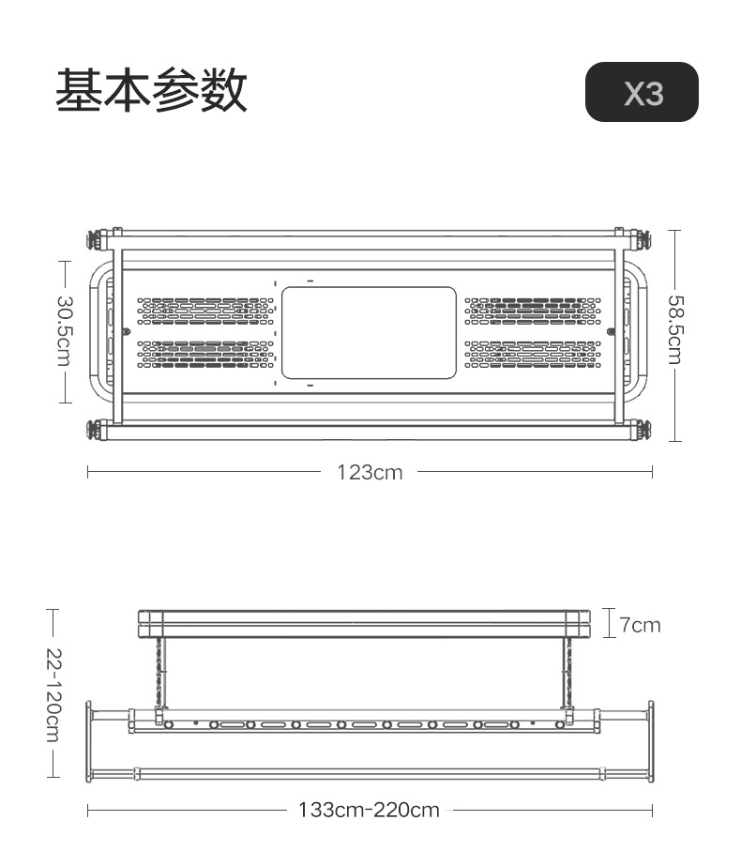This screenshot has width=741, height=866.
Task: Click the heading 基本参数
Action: pyautogui.click(x=151, y=91)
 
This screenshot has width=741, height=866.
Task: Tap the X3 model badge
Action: pyautogui.click(x=642, y=92)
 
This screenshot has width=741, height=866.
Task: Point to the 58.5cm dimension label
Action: pyautogui.click(x=675, y=329)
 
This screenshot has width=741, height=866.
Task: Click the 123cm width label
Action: pyautogui.click(x=370, y=472)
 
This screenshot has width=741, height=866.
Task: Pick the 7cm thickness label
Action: pyautogui.click(x=640, y=625)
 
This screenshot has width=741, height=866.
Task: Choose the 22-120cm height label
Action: pyautogui.click(x=53, y=693)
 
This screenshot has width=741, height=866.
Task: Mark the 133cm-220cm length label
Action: pyautogui.click(x=369, y=809)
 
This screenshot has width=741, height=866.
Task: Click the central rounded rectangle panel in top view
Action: pyautogui.click(x=369, y=333)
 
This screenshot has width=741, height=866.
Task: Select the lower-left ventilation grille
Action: pyautogui.click(x=205, y=354)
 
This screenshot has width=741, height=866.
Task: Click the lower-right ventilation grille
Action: pyautogui.click(x=533, y=354)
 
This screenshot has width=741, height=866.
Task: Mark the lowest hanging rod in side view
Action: pyautogui.click(x=370, y=774)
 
